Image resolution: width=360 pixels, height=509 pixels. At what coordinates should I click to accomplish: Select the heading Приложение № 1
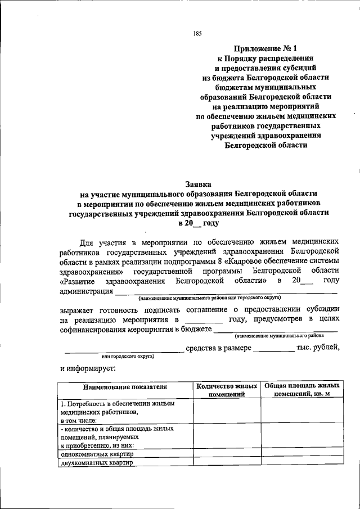coord(263,49)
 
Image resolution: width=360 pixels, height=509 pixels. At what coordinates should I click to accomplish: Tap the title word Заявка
coord(198,183)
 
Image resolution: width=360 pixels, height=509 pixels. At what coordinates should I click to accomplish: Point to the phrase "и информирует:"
coord(87,368)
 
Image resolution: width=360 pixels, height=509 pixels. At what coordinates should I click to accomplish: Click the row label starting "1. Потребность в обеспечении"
coord(118,404)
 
